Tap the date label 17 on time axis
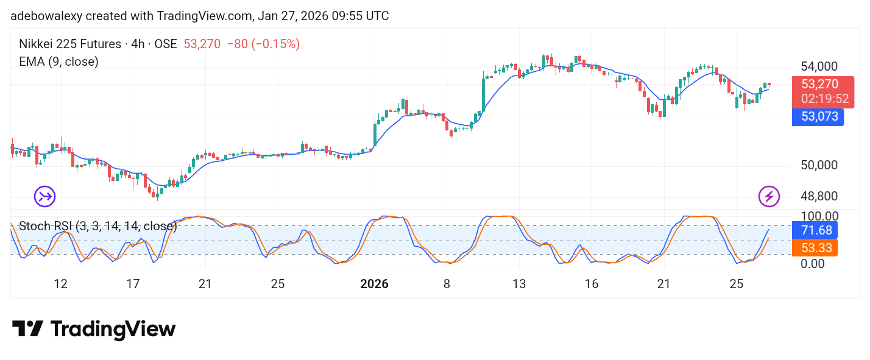click(133, 284)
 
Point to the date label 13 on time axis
click(519, 284)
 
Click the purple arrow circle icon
click(44, 196)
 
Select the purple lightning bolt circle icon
click(769, 196)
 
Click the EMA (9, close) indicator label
click(58, 62)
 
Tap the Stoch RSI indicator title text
click(98, 227)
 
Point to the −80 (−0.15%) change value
click(263, 44)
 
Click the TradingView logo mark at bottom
click(27, 329)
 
